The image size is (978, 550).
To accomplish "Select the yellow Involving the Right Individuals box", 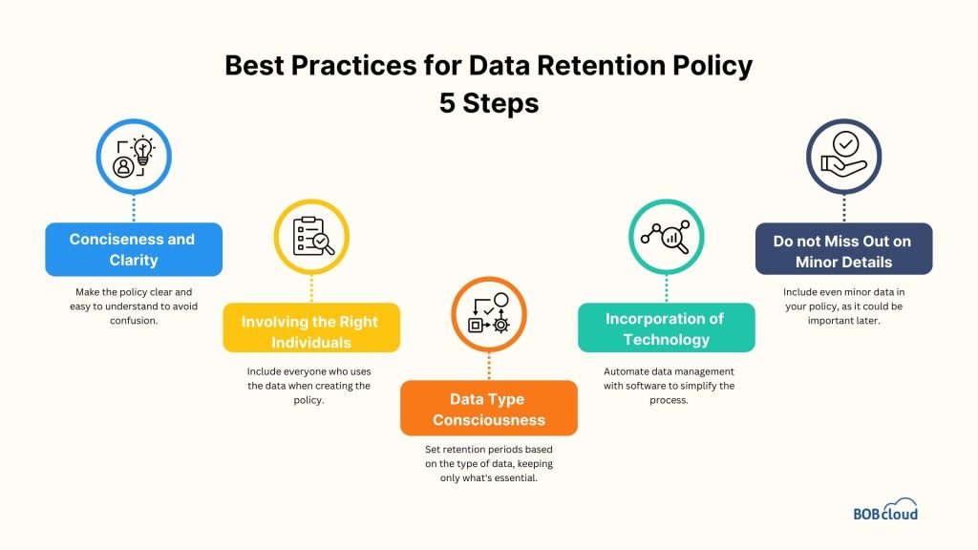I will [x=310, y=331].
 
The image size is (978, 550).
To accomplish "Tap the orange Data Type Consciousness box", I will [x=488, y=409].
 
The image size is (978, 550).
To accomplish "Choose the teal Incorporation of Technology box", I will [x=666, y=328].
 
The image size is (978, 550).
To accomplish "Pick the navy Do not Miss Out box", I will [x=843, y=250].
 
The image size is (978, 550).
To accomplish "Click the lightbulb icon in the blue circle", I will [x=142, y=152].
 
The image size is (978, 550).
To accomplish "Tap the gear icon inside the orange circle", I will [x=500, y=325].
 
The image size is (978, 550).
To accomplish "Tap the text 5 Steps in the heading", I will [x=488, y=102].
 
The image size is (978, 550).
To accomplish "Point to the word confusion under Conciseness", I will [x=134, y=320].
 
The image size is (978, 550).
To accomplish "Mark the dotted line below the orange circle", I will [x=489, y=367].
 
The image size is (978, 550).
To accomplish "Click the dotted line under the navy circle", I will [x=844, y=209].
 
